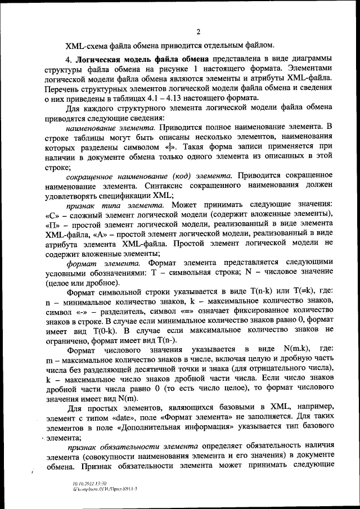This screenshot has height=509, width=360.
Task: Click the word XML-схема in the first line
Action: tap(85, 44)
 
